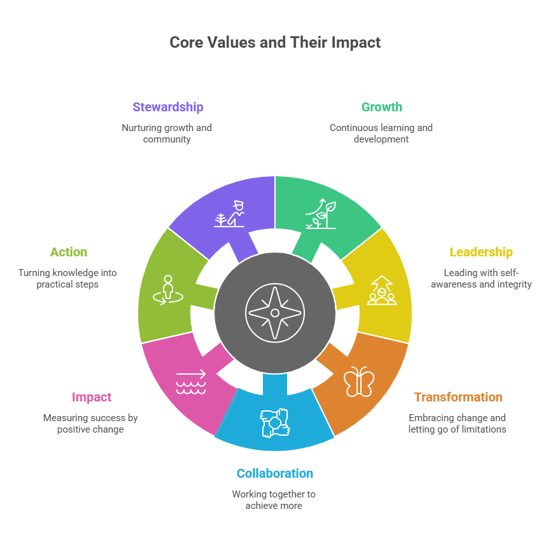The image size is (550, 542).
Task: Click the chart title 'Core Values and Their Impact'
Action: (x=275, y=43)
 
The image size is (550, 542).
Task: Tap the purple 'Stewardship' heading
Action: (x=167, y=107)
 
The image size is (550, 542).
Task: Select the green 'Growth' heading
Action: (x=381, y=107)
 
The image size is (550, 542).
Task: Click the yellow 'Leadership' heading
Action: (x=481, y=252)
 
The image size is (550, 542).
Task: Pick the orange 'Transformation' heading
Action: (x=458, y=397)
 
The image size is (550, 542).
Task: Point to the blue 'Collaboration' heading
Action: (x=274, y=473)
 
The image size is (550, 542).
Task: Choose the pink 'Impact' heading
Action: (x=92, y=397)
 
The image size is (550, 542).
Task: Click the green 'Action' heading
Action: (x=69, y=252)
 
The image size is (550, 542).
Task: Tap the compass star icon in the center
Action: (x=274, y=312)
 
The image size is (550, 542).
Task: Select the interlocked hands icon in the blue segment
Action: (x=274, y=423)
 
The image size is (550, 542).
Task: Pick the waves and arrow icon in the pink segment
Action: (x=191, y=382)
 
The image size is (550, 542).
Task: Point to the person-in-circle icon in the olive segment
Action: (x=167, y=290)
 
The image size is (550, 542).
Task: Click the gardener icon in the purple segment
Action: (x=230, y=214)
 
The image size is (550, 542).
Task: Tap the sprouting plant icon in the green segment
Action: (x=320, y=214)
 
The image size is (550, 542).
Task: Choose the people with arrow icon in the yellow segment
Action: (x=381, y=290)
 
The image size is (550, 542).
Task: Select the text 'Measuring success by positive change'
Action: (x=90, y=424)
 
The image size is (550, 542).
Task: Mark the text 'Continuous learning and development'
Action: (x=381, y=133)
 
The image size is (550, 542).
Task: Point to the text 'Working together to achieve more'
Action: (x=273, y=499)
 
